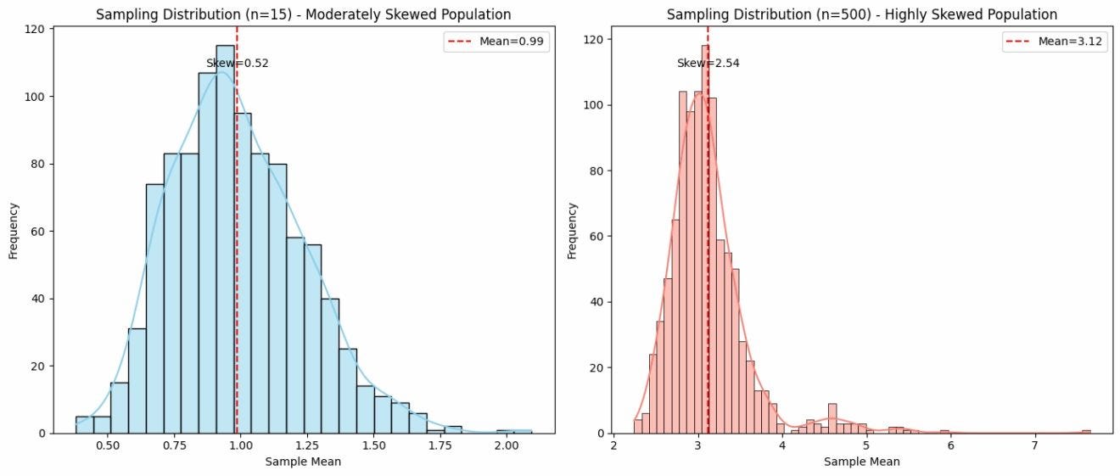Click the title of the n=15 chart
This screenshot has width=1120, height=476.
pos(303,14)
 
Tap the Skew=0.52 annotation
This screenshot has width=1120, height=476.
pos(238,63)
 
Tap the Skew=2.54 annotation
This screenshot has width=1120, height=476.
pos(708,63)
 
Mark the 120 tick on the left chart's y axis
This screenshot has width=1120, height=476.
pos(35,30)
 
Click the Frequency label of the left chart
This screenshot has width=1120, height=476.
pos(14,230)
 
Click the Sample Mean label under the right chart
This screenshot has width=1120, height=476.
pos(861,462)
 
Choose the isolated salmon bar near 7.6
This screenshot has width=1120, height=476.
pos(1086,431)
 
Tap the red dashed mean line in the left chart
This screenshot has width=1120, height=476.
pos(237,255)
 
